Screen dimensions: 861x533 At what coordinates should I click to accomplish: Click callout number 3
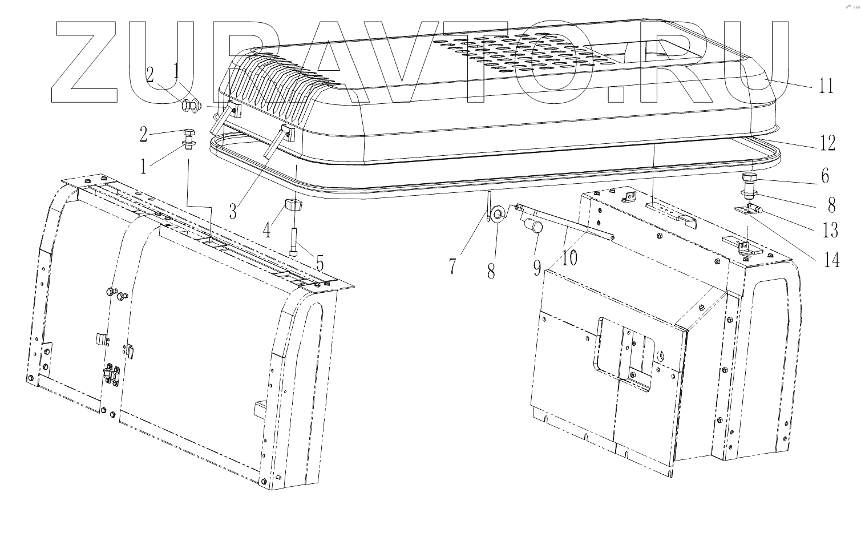pos(232,211)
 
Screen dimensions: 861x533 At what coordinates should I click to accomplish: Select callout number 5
pos(320,263)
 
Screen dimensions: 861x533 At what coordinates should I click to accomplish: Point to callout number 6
pos(825,176)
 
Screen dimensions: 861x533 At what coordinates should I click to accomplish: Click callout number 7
pos(452,266)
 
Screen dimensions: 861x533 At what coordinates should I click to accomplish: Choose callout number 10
pos(569,258)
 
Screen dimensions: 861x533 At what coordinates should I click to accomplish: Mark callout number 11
pos(826,86)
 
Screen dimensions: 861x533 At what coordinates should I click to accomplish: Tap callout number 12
pos(827,143)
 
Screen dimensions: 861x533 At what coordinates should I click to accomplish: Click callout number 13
pos(830,230)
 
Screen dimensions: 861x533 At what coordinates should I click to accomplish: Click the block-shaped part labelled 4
pos(293,206)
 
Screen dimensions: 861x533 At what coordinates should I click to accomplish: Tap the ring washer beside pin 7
pos(498,215)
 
